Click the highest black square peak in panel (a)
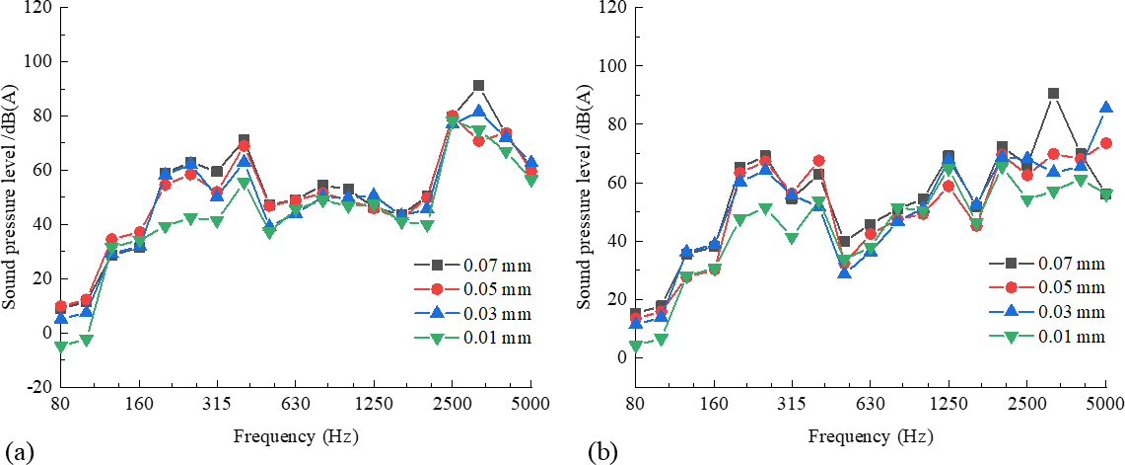pos(478,86)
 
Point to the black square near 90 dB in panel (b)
pos(1053,94)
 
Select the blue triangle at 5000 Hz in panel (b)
pos(1106,108)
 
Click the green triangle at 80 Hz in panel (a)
pos(61,347)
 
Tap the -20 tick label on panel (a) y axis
pos(40,387)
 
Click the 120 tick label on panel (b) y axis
pos(611,8)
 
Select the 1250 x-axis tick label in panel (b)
pos(948,405)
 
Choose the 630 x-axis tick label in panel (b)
pos(869,405)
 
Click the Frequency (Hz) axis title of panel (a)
pos(295,435)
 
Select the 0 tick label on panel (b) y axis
pos(621,357)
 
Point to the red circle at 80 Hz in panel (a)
pos(61,307)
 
